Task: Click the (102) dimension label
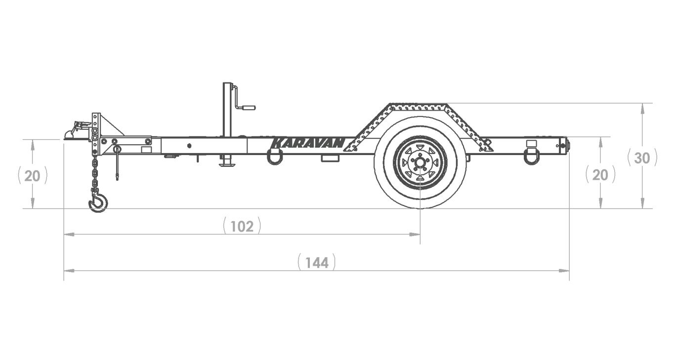(242, 226)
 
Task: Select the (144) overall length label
(317, 262)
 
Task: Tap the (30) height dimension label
(641, 158)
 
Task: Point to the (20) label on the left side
(33, 175)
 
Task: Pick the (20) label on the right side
(600, 174)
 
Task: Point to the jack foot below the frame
(227, 162)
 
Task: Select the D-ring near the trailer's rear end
(532, 157)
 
